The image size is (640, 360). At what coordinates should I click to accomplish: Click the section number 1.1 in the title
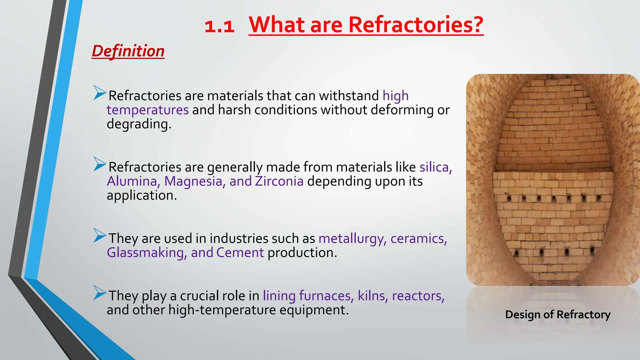click(219, 26)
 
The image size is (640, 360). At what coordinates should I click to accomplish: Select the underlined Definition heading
click(128, 51)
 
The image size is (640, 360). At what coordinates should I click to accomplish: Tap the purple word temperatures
click(148, 110)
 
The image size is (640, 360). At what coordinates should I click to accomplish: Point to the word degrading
click(139, 124)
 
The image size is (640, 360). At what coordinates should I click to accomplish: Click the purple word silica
click(435, 167)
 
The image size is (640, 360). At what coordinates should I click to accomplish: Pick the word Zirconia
click(279, 181)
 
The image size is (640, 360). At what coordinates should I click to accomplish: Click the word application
click(142, 196)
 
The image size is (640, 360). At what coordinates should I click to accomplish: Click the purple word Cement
click(240, 253)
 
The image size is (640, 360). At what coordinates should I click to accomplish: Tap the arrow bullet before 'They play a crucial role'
click(100, 293)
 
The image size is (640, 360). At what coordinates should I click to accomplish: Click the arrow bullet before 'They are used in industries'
click(100, 236)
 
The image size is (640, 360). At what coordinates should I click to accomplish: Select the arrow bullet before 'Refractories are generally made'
click(100, 164)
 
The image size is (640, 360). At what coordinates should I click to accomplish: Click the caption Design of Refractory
click(558, 315)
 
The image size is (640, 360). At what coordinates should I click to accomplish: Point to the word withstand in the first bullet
click(349, 96)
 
